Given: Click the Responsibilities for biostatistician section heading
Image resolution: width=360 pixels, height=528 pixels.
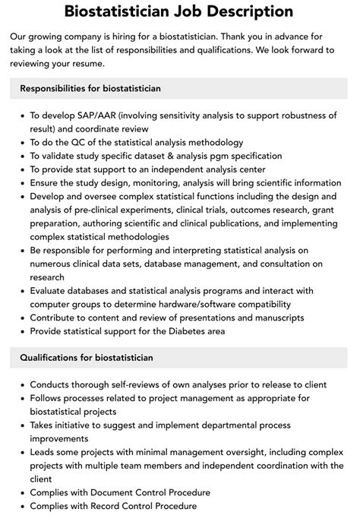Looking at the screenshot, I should point(90,89).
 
